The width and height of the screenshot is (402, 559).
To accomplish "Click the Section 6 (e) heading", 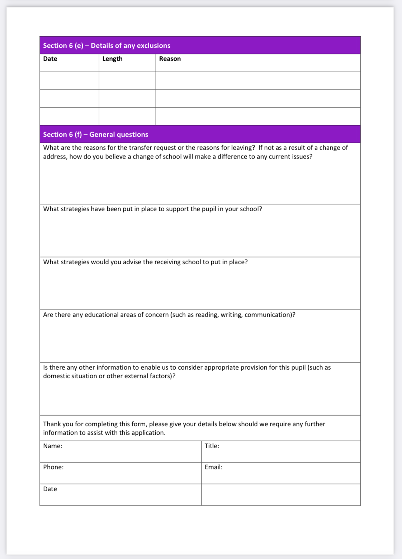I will [107, 46].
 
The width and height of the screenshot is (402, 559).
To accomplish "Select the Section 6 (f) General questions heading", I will [95, 134].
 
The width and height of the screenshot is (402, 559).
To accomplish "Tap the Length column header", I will [112, 59].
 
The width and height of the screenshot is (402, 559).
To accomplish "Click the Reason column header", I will [170, 59].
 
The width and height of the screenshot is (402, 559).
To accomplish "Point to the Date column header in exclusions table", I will [50, 59].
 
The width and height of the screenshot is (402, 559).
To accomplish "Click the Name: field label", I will [53, 446].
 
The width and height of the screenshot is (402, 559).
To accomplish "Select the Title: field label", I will [212, 446].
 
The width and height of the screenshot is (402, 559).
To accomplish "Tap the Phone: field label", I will [53, 467].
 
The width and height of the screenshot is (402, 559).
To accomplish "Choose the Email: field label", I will [213, 467].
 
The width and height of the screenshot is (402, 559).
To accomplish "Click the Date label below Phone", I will [50, 489].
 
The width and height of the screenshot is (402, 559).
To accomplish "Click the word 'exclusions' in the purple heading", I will [153, 46].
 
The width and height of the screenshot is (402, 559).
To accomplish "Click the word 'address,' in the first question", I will [55, 157].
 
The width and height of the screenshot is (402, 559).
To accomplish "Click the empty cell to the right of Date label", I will [280, 495].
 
